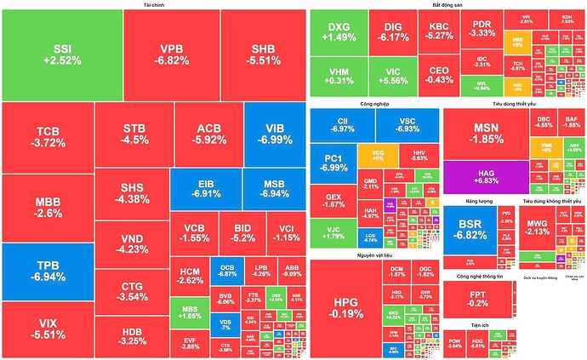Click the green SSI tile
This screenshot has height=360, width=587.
61,54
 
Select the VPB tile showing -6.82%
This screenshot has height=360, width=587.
171,54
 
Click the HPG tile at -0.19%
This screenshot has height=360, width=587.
345,307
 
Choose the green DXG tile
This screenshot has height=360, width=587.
339,32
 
